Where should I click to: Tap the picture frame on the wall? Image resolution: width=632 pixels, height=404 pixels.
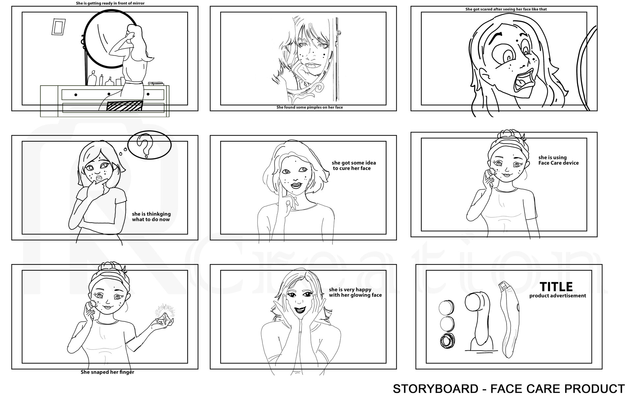tap(59, 27)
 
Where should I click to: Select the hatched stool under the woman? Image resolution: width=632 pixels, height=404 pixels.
tap(125, 106)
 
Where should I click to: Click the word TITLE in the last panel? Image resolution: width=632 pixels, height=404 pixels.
tap(556, 287)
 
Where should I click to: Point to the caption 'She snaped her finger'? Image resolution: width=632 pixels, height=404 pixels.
tap(107, 372)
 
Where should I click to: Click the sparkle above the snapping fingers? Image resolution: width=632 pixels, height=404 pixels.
tap(165, 310)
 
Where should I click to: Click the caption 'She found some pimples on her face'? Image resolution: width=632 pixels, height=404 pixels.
tap(309, 107)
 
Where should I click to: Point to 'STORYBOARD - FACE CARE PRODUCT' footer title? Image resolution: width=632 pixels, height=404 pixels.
tap(509, 389)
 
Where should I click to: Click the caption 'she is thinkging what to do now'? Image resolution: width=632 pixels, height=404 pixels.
tap(151, 216)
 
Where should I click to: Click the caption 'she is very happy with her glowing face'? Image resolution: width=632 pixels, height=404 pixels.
tap(355, 292)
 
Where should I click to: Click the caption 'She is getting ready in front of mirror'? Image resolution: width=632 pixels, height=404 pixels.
tap(110, 3)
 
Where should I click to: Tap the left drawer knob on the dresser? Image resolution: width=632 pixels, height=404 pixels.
tap(76, 95)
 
